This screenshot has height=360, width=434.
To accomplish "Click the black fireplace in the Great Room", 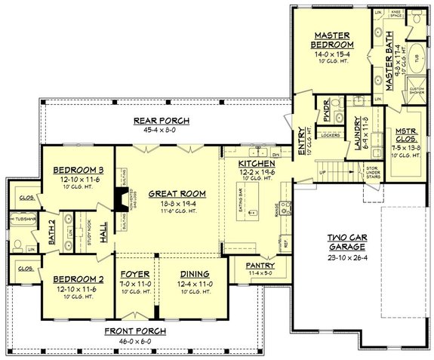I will click(x=119, y=198).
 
